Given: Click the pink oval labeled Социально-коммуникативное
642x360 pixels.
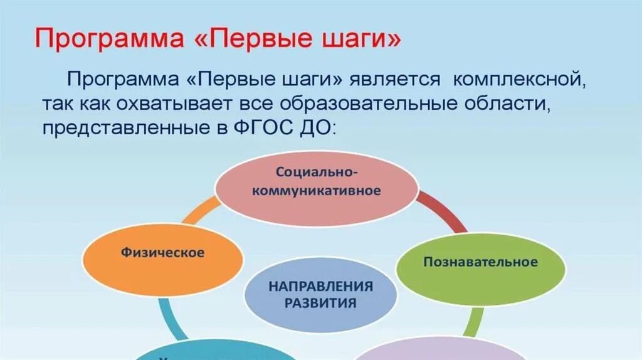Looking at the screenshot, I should (x=316, y=188).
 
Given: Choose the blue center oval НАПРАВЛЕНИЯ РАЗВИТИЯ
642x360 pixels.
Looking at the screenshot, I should (x=320, y=294).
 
